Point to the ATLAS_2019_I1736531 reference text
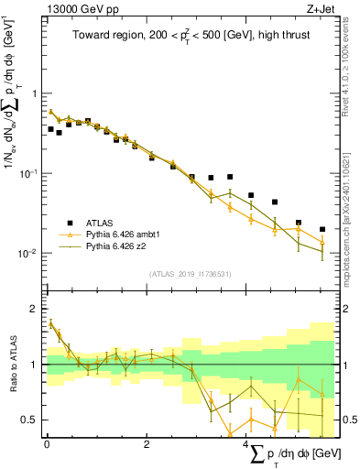pos(189,274)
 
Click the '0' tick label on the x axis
pos(47,443)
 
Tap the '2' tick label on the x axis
pos(147,443)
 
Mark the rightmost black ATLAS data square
pos(322,229)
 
